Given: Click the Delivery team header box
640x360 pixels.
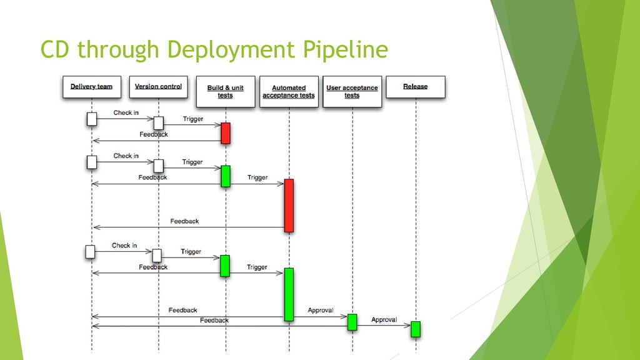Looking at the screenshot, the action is (x=92, y=87).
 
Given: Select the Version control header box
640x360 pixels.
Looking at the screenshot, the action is (x=159, y=87).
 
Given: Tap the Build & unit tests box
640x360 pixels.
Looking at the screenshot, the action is (x=226, y=91).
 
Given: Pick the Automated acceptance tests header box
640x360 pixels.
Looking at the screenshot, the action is (x=289, y=91).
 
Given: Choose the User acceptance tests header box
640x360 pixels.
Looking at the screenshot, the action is (x=352, y=91).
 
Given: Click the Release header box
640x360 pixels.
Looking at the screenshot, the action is (x=416, y=87).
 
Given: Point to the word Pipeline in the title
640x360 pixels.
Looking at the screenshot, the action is (x=345, y=50).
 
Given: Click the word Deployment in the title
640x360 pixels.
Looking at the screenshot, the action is (x=231, y=50).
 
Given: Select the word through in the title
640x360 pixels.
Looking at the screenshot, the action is (x=118, y=50).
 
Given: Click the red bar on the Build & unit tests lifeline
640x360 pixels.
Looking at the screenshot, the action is (x=226, y=133).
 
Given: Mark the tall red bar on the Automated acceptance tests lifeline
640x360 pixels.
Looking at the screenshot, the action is (x=289, y=205).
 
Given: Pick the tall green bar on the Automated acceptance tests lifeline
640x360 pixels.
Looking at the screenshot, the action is (x=289, y=294).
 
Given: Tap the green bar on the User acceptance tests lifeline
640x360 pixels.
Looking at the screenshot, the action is (x=352, y=322).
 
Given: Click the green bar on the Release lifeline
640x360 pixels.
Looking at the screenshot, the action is (x=416, y=329).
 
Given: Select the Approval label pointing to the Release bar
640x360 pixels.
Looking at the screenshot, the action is (x=384, y=319).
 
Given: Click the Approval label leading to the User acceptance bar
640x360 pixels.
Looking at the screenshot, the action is (x=321, y=310).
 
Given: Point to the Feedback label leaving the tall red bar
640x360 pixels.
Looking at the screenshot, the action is (x=184, y=221).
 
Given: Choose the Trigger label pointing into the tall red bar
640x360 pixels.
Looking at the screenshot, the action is (x=257, y=177).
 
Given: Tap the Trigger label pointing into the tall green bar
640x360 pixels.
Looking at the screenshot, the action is (x=257, y=267).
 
